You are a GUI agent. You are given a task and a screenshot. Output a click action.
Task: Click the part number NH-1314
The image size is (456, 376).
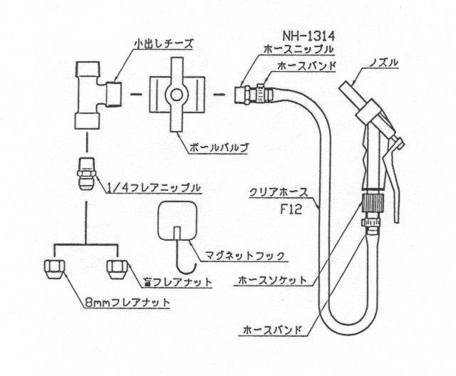[309, 36]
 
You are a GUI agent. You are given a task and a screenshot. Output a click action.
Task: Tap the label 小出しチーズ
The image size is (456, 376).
[163, 44]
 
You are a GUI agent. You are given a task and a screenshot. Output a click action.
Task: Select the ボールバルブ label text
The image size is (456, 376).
[219, 148]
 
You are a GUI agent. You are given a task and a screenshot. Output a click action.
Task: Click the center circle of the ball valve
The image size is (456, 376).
[177, 95]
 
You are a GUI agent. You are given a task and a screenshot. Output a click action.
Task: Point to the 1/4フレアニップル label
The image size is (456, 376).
[153, 187]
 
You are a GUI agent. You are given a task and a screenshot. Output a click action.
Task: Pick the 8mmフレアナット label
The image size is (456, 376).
[128, 303]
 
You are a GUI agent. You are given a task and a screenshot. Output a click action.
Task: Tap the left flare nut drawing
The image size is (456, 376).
[54, 269]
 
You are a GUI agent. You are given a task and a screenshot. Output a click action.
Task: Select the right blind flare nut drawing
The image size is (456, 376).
[117, 269]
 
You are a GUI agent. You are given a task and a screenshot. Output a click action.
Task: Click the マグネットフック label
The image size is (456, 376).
[244, 256]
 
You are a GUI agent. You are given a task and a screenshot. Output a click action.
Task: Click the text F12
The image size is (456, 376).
[291, 209]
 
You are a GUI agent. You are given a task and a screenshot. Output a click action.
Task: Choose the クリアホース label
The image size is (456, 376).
[279, 192]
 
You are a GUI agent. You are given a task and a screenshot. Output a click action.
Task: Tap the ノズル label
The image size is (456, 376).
[383, 63]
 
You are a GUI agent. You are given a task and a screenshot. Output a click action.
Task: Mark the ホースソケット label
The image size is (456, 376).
[272, 280]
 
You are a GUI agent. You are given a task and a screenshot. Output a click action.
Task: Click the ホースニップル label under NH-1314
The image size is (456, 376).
[298, 49]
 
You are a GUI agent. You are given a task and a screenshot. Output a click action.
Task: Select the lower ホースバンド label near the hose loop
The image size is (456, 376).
[272, 330]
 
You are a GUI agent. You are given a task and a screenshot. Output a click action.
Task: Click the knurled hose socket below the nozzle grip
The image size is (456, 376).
[373, 203]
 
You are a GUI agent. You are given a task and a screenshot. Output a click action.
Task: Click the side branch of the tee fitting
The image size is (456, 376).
[113, 95]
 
